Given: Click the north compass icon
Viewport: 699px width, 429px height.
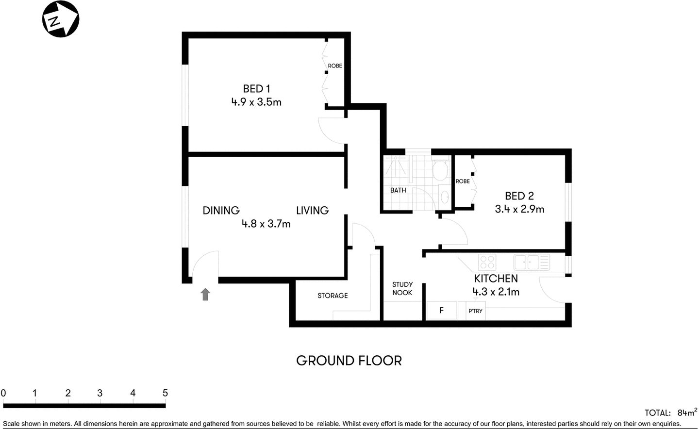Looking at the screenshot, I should click(x=61, y=20).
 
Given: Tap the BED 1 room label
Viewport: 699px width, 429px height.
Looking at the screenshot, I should click(x=256, y=89).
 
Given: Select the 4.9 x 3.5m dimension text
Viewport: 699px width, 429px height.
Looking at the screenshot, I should click(x=256, y=102).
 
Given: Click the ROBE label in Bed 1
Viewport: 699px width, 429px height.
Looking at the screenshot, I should click(x=335, y=66).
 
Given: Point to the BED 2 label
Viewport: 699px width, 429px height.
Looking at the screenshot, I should click(x=519, y=196).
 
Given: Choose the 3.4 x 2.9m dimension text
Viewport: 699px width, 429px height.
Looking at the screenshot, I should click(x=519, y=209).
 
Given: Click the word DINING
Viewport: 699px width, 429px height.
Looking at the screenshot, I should click(x=221, y=211).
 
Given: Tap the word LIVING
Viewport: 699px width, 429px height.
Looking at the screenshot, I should click(x=312, y=211).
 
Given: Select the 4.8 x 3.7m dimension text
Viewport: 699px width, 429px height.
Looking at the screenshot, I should click(x=266, y=224).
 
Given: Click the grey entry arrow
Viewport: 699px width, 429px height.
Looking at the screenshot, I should click(x=205, y=294).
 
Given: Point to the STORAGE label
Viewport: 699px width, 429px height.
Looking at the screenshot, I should click(x=333, y=296).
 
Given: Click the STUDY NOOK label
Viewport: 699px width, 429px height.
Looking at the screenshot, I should click(x=402, y=289).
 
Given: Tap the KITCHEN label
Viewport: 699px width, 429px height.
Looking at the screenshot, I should click(x=496, y=279).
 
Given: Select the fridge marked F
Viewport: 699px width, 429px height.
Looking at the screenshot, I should click(x=441, y=311).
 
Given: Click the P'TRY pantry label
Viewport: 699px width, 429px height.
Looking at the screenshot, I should click(x=475, y=311).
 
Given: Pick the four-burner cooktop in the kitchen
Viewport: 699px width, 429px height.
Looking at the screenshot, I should click(x=487, y=263).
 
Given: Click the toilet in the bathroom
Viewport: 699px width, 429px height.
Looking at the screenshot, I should click(x=440, y=170).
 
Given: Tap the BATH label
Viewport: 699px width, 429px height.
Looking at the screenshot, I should click(x=398, y=190).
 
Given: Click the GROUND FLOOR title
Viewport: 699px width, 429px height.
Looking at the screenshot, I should click(x=349, y=361).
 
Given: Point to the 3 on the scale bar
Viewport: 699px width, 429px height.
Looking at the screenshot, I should click(x=100, y=393).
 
